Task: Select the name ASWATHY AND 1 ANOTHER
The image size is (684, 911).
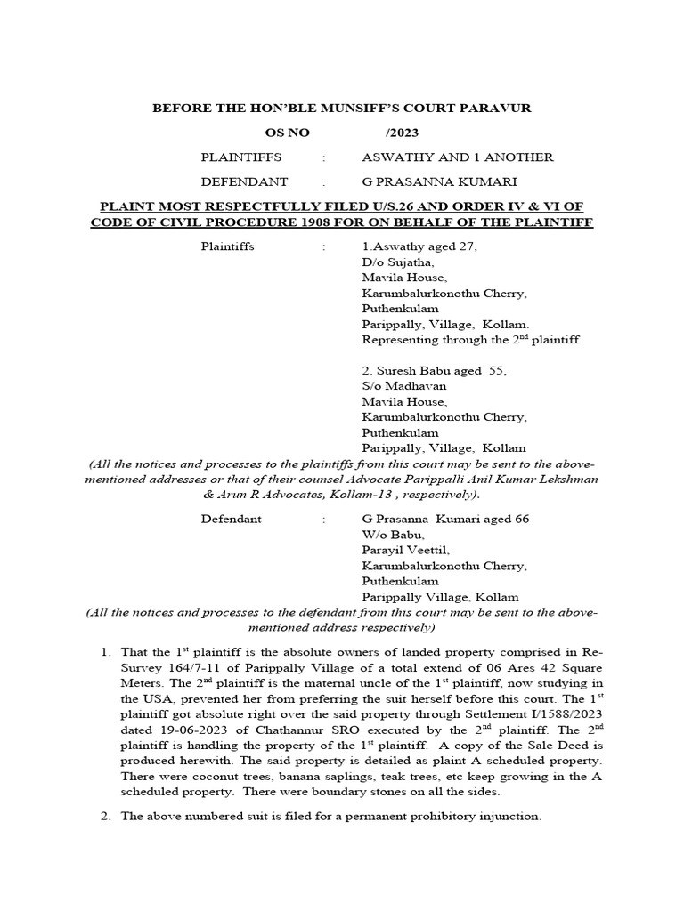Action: [457, 157]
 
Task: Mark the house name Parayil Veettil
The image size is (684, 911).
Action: [404, 550]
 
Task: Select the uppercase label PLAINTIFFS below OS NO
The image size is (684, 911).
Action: [241, 157]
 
